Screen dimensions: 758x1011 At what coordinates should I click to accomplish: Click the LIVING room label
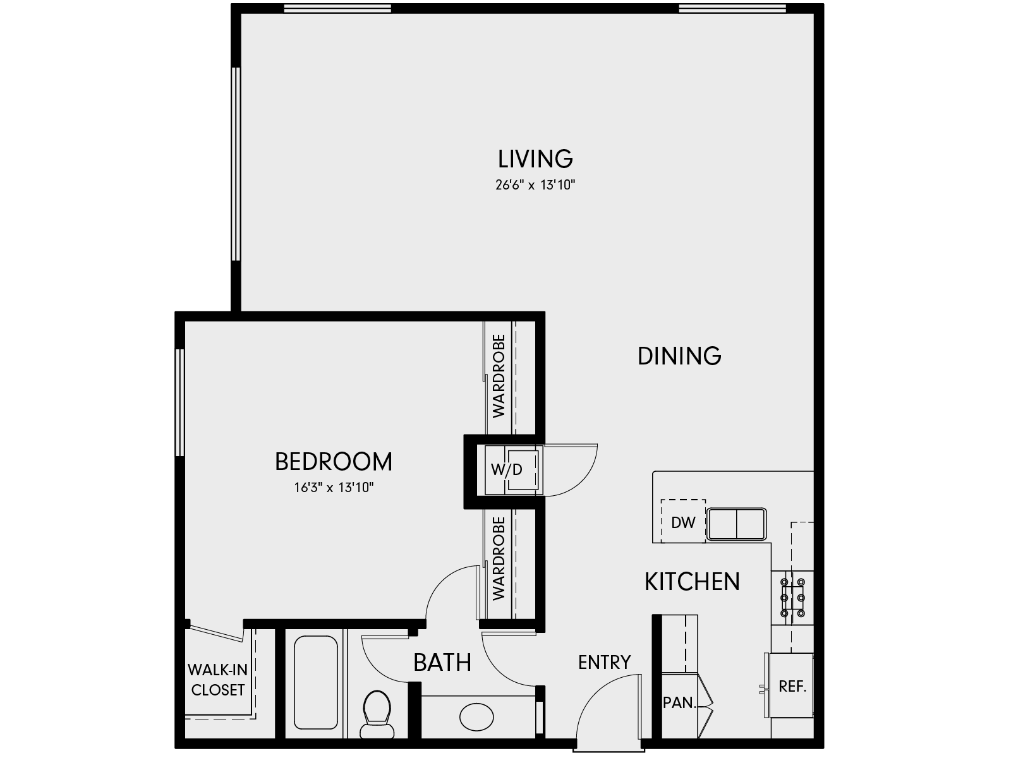click(535, 159)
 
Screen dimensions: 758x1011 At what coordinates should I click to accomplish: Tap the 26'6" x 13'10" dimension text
click(535, 186)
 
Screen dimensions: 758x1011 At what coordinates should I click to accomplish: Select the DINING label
click(679, 356)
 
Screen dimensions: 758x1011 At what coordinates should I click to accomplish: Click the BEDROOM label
click(334, 462)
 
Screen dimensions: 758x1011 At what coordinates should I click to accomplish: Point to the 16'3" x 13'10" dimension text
click(334, 488)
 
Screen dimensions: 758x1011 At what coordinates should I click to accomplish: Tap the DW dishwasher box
click(683, 522)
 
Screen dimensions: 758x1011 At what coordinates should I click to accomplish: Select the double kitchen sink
click(737, 524)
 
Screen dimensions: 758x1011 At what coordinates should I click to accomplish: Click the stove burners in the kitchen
click(792, 597)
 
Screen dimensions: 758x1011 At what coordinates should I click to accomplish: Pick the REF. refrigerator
click(792, 686)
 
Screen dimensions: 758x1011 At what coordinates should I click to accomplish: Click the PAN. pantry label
click(679, 702)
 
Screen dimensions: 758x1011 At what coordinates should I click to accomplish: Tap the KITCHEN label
click(692, 581)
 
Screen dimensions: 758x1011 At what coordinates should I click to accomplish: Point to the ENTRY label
click(604, 662)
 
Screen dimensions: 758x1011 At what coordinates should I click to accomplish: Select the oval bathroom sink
click(476, 717)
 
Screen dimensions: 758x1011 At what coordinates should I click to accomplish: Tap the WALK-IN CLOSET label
click(217, 680)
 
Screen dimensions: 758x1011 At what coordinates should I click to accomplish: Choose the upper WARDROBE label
click(499, 376)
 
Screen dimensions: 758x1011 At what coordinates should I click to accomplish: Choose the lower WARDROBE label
click(499, 558)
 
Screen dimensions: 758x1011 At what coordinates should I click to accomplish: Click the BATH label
click(442, 663)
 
